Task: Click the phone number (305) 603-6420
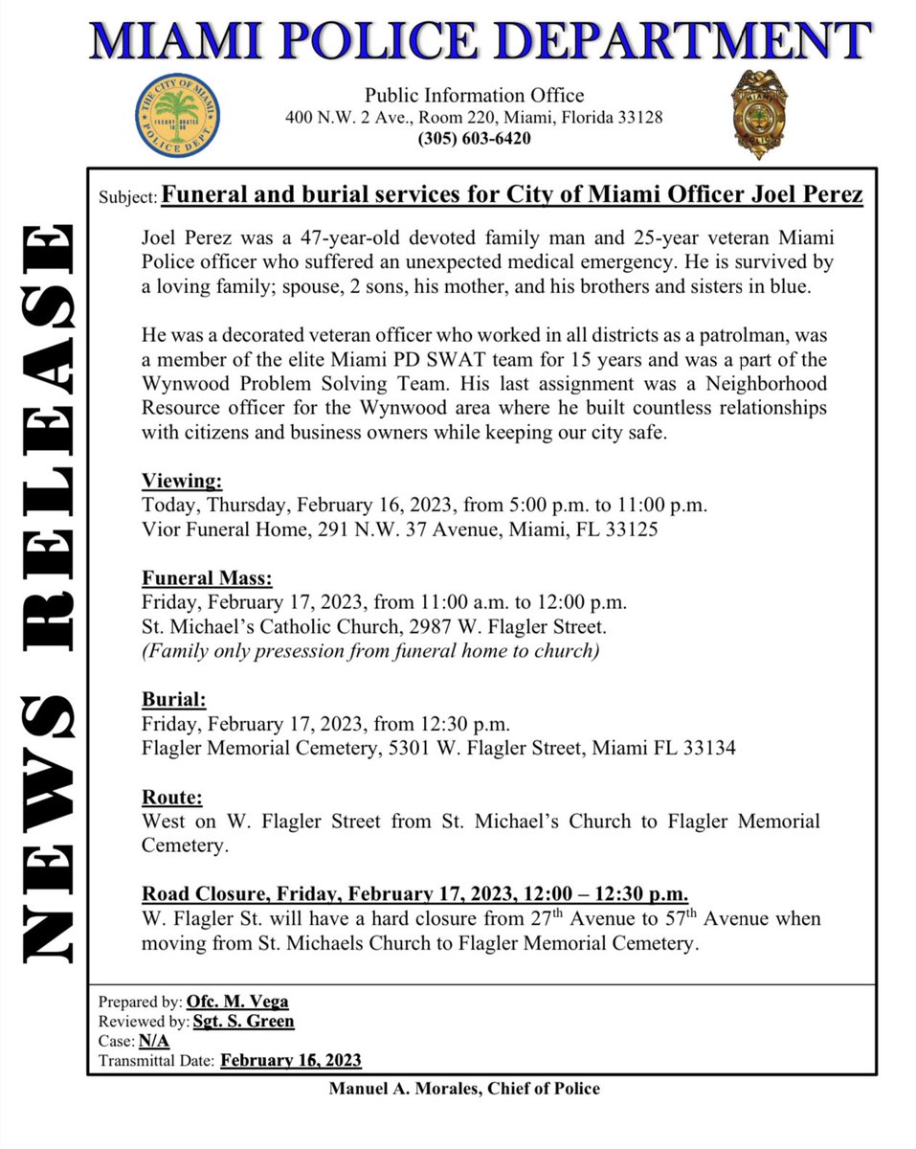click(474, 139)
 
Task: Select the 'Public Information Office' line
click(474, 96)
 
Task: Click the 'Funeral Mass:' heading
click(207, 579)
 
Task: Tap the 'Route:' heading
click(172, 798)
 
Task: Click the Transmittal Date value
click(291, 1060)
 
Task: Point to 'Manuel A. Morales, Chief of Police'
click(464, 1089)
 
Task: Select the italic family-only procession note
click(370, 651)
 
